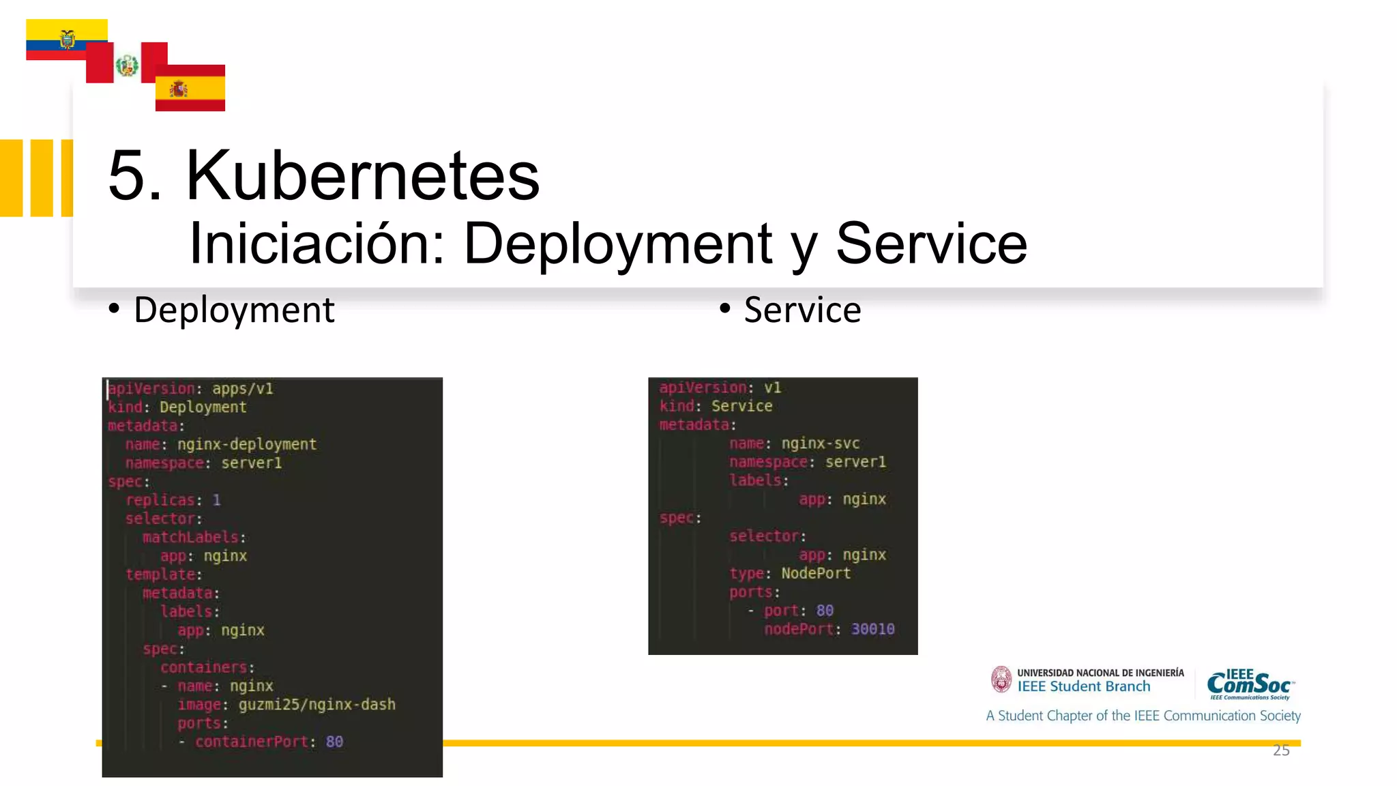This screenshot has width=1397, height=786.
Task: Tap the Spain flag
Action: tap(190, 88)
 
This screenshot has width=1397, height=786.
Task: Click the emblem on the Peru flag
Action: tap(127, 65)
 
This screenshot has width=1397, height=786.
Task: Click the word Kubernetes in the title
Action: tap(362, 176)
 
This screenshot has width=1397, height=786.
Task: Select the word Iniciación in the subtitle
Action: tap(316, 244)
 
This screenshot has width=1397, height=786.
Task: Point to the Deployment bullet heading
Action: tap(234, 310)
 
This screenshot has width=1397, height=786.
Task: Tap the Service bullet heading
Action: tap(802, 310)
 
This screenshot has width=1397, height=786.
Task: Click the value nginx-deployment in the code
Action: tap(247, 444)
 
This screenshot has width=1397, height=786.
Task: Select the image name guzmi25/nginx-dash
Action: tap(317, 704)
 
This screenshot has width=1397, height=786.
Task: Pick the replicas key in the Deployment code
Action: tap(160, 500)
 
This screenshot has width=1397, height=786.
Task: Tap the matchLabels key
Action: tap(190, 537)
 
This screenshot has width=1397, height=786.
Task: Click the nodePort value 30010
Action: tap(872, 629)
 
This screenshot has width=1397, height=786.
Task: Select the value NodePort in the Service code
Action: tap(816, 573)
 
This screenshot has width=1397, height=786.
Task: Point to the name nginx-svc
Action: tap(820, 443)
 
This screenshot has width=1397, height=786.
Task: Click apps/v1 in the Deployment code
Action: tap(242, 388)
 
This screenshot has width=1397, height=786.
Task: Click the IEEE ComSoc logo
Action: tap(1250, 684)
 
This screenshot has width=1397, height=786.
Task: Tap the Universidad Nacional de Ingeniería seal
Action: tap(1001, 680)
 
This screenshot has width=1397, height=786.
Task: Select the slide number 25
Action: tap(1281, 751)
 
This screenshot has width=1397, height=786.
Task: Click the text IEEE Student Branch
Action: tap(1083, 686)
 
